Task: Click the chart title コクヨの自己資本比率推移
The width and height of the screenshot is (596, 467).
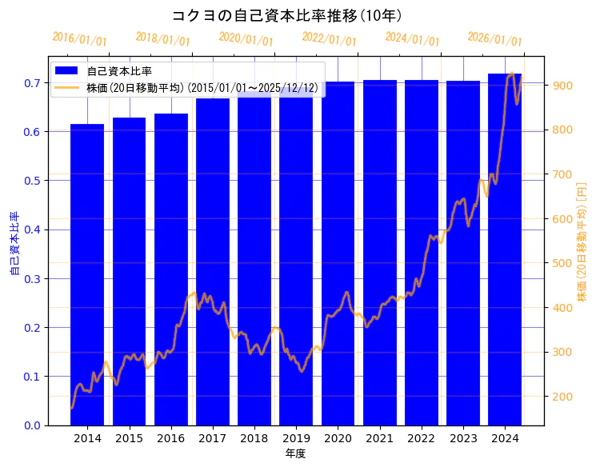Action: click(x=287, y=16)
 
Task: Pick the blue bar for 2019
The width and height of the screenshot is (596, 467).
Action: click(x=296, y=256)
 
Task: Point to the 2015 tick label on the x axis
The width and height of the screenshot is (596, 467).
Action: click(x=129, y=438)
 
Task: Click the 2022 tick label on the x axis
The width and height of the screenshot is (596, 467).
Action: click(x=422, y=438)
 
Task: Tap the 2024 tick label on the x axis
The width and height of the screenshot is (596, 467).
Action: click(x=505, y=438)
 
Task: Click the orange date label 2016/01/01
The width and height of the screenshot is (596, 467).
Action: click(x=79, y=39)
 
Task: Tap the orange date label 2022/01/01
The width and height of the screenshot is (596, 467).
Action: click(x=329, y=39)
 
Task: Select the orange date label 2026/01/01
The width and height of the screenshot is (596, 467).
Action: click(x=494, y=39)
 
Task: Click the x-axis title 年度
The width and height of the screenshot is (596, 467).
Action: click(x=295, y=453)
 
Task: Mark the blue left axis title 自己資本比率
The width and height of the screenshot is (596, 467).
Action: click(x=14, y=244)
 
